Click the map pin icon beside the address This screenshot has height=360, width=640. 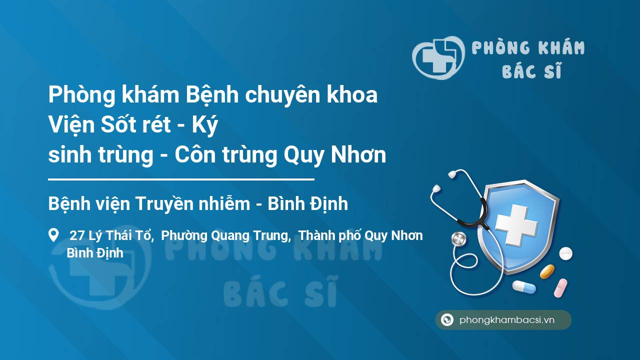click(53, 235)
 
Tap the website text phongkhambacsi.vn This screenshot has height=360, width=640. click(507, 320)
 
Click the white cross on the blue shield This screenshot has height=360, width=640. click(516, 224)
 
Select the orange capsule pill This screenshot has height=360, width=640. click(547, 271)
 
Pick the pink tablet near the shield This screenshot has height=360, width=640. click(560, 288)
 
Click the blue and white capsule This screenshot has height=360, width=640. click(524, 287)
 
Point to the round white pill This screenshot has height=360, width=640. click(565, 253)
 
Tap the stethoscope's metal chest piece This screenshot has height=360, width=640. click(458, 239)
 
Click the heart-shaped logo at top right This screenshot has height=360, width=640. click(438, 57)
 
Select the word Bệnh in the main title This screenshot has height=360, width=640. click(212, 95)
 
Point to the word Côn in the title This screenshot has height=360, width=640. click(195, 154)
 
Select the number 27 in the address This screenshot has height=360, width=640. click(77, 235)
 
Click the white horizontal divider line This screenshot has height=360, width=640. click(181, 179)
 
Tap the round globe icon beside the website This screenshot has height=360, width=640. click(447, 319)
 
